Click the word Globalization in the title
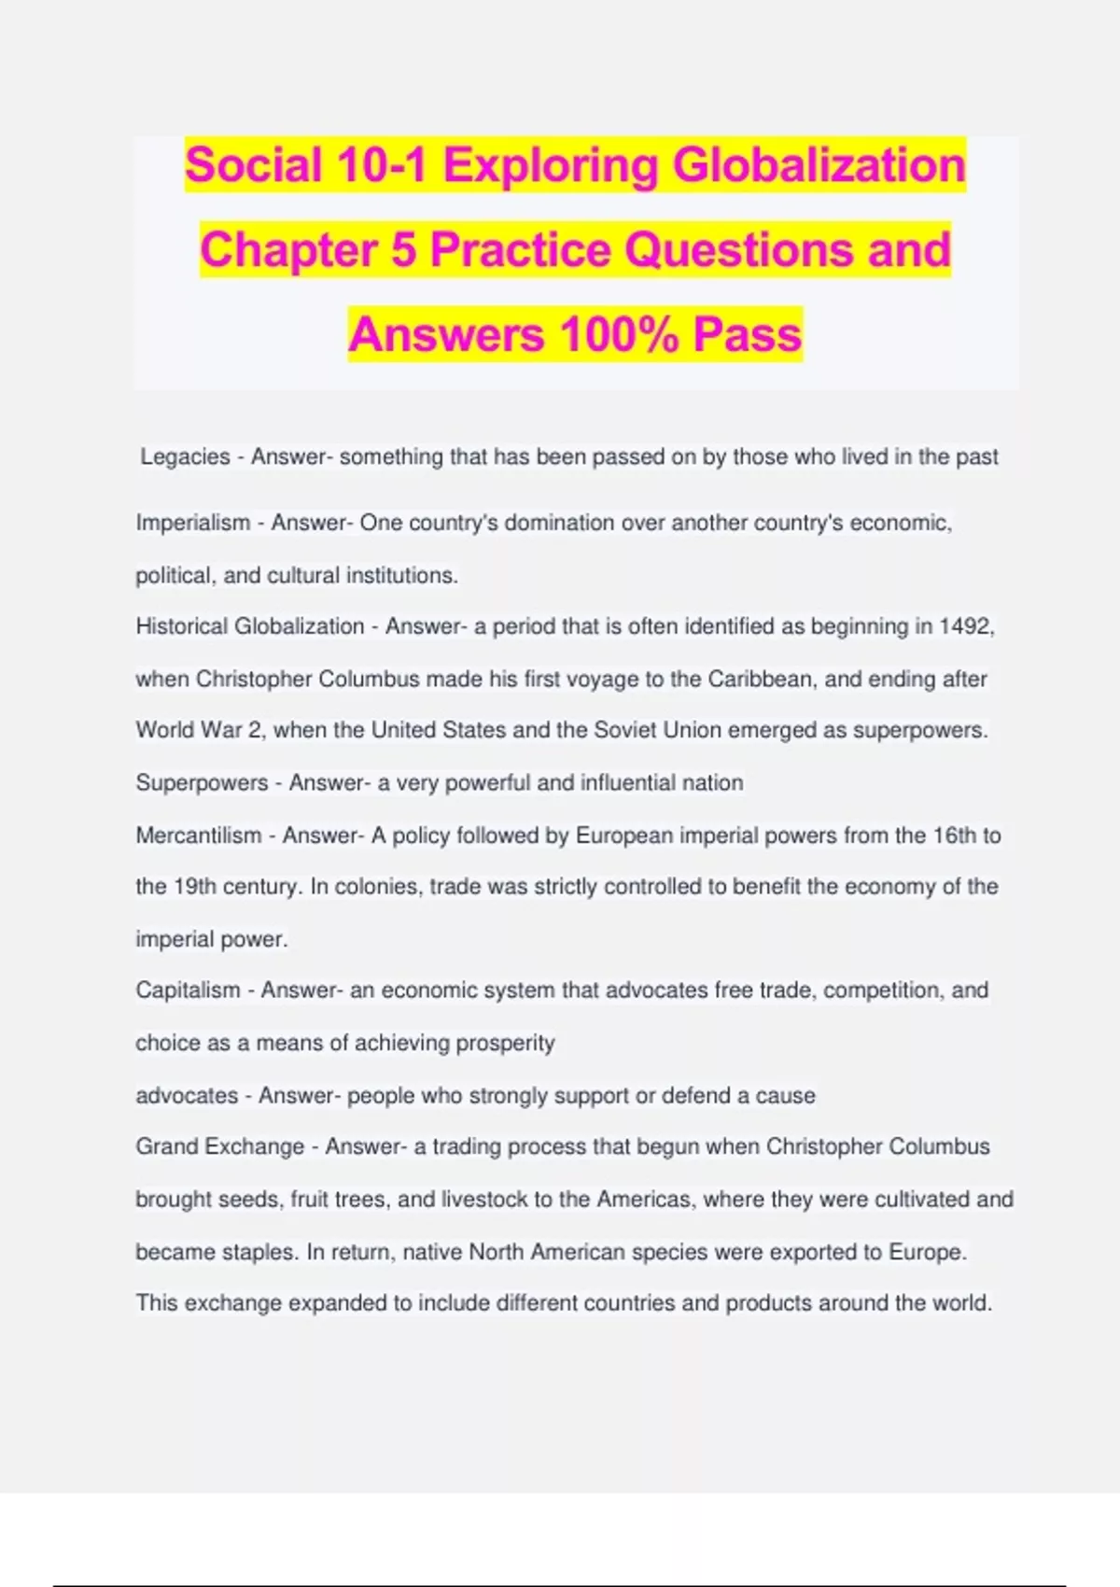coord(819,165)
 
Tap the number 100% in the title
coord(619,334)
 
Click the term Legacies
coord(185,456)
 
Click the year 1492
coord(965,626)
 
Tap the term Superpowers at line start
coord(202,782)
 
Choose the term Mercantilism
coord(199,835)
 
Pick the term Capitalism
coord(188,990)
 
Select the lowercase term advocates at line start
coord(187,1095)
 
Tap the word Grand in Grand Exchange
coord(167,1146)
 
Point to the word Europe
coord(926,1251)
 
